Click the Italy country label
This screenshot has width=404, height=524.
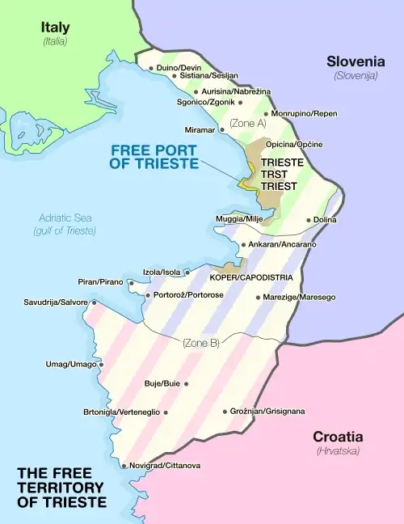[55, 28]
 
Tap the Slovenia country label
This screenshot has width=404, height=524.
[356, 61]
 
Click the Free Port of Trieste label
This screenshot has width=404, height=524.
[154, 156]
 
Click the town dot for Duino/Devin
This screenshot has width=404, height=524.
[151, 68]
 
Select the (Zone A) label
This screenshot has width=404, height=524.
[247, 123]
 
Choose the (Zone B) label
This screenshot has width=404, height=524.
[200, 343]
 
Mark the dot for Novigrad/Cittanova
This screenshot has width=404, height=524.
[124, 466]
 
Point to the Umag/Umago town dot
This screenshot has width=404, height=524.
[102, 364]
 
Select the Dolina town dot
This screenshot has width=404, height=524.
[309, 220]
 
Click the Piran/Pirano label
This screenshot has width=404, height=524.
[100, 282]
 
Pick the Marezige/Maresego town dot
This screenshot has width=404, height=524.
[258, 298]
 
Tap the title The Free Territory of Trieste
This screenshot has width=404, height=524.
[61, 488]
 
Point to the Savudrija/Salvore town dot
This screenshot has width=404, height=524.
[94, 302]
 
